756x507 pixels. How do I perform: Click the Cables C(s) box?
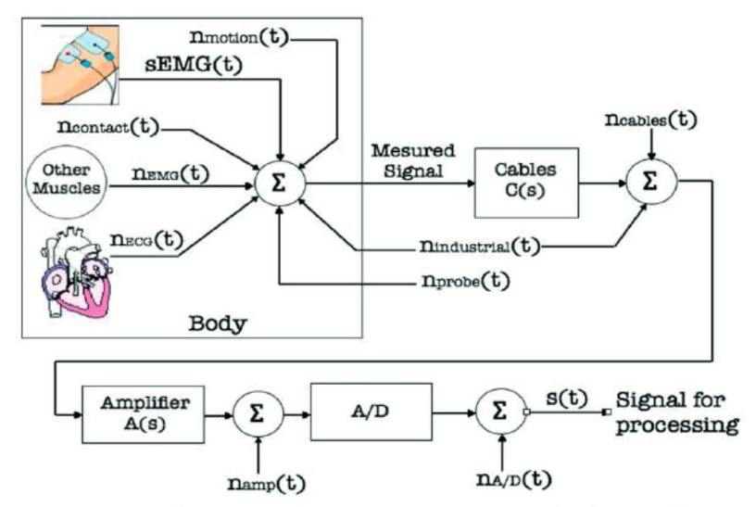pyautogui.click(x=525, y=181)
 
